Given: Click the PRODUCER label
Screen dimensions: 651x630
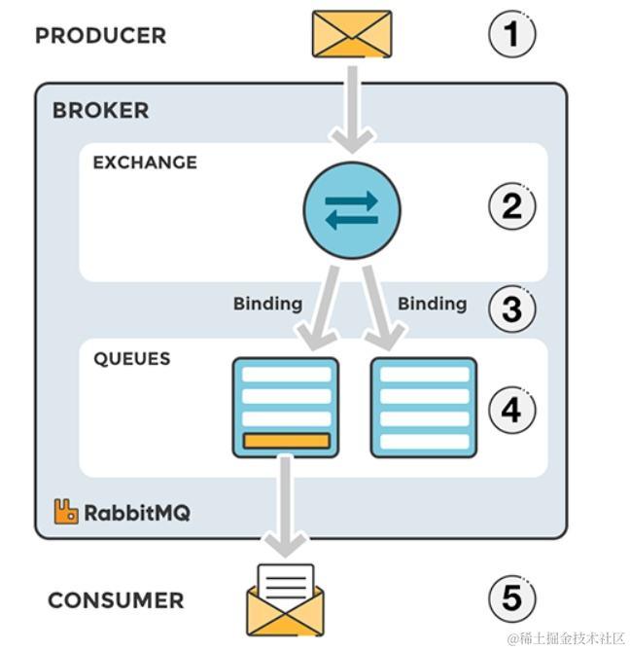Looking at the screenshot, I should (x=100, y=36).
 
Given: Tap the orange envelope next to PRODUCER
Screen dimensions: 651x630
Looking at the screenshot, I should (x=352, y=34).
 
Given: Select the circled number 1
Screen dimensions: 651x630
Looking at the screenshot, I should (x=511, y=35).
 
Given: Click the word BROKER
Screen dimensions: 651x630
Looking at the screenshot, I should (x=101, y=111).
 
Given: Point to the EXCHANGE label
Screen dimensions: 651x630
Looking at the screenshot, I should (x=145, y=163).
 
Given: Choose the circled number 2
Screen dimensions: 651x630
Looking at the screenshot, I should (x=511, y=206).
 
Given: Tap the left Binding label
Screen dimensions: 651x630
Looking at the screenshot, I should (x=267, y=304).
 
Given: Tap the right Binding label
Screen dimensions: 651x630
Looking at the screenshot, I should (x=432, y=304).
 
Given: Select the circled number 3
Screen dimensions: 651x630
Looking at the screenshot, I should (x=511, y=308).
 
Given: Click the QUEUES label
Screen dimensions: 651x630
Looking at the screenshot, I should (x=131, y=359).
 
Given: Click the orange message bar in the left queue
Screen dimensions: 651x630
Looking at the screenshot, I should (x=286, y=442).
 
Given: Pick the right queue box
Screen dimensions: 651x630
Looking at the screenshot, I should (x=424, y=407).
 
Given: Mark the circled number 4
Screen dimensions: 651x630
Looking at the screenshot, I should (x=511, y=410).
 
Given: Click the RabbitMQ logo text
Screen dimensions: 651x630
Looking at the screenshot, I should (x=136, y=513).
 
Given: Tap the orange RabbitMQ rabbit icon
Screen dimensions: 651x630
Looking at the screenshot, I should (x=66, y=512).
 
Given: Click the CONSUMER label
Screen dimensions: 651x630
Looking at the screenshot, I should (x=116, y=600).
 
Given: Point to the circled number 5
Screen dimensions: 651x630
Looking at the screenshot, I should (x=511, y=598).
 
